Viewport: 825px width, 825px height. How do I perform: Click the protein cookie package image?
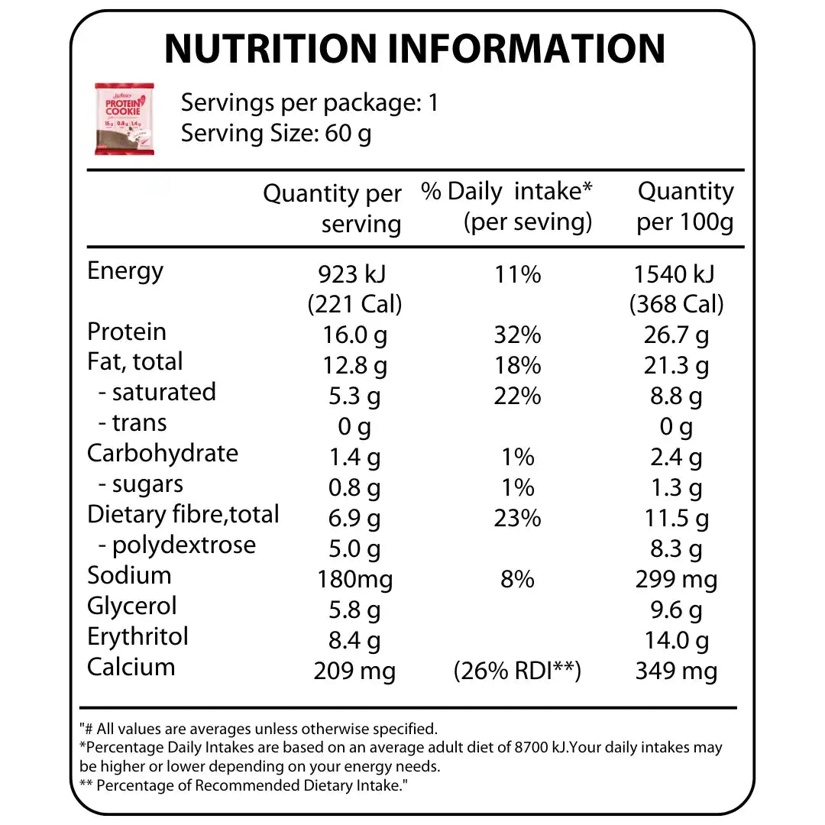point(125,118)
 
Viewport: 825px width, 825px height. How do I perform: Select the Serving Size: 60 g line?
point(276,134)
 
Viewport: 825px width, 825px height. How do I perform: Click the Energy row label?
point(125,271)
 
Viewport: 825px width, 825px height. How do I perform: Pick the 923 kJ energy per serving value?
point(354,274)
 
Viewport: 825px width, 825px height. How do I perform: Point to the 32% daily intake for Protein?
point(517,335)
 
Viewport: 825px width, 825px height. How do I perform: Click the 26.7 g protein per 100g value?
point(676,335)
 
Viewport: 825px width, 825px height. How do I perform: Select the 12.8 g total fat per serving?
point(354,365)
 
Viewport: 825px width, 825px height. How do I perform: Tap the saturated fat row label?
point(157,393)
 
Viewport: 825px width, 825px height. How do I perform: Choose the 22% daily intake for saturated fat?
point(517,396)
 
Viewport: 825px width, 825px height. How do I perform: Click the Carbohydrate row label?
point(163,453)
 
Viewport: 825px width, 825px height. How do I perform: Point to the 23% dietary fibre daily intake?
point(517,518)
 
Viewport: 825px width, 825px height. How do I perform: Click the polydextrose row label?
point(177,545)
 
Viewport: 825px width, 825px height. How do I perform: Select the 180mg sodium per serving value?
point(354,579)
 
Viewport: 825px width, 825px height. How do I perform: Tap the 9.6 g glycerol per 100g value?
point(676,610)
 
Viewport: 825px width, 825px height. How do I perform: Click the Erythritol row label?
point(137,637)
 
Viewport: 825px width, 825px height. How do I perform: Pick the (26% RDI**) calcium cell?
point(517,671)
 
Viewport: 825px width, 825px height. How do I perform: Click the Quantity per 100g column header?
point(685,206)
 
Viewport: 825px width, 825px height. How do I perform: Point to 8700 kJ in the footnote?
point(538,748)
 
